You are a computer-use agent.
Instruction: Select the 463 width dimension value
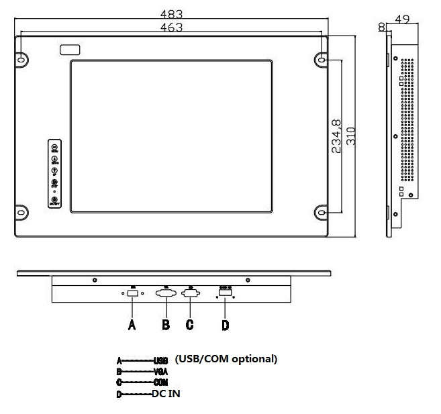click(x=172, y=27)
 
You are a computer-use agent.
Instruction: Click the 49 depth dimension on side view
click(x=403, y=20)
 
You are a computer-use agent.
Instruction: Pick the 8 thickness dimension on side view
click(x=382, y=27)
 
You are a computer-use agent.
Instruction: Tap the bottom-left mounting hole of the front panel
click(x=21, y=213)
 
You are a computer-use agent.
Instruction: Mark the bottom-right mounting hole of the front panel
click(x=322, y=213)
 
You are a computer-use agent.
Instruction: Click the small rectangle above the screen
click(x=70, y=50)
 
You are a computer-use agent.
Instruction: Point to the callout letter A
click(x=132, y=325)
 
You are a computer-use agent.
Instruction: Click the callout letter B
click(x=165, y=325)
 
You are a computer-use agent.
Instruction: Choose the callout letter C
click(x=190, y=325)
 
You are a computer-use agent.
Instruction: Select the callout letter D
click(x=226, y=325)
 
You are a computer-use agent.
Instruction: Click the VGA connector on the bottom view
click(x=165, y=293)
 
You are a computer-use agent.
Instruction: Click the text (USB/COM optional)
click(x=226, y=359)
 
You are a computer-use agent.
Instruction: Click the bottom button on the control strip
click(x=55, y=200)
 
